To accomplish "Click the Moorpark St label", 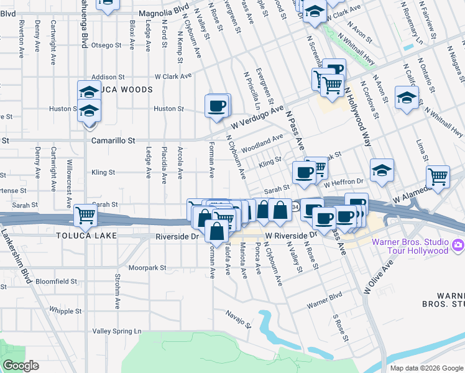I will [x=148, y=268].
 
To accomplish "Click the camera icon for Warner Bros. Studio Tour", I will [x=459, y=246].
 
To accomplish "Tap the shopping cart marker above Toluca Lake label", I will [x=85, y=216].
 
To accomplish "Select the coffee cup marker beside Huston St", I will [x=217, y=106].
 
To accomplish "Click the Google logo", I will [x=21, y=366].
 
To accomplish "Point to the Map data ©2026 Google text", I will [x=426, y=368].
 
